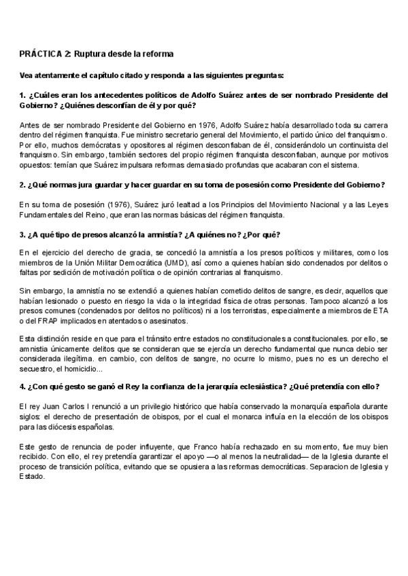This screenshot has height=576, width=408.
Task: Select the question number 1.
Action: coord(22,94)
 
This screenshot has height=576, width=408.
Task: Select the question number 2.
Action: coord(22,184)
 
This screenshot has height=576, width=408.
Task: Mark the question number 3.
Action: coord(22,235)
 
